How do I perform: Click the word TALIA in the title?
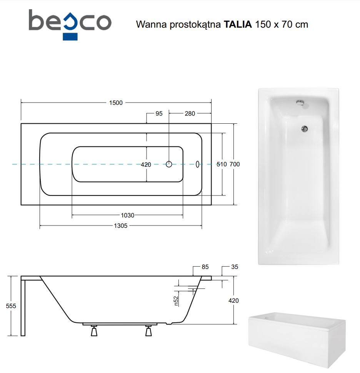238,24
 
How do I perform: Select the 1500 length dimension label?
116,103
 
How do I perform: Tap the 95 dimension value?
159,113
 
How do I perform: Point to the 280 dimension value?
190,113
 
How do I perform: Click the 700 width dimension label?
235,164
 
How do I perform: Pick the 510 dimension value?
222,164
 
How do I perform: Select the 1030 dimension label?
127,215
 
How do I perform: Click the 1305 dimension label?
120,225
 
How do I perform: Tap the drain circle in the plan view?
169,164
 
